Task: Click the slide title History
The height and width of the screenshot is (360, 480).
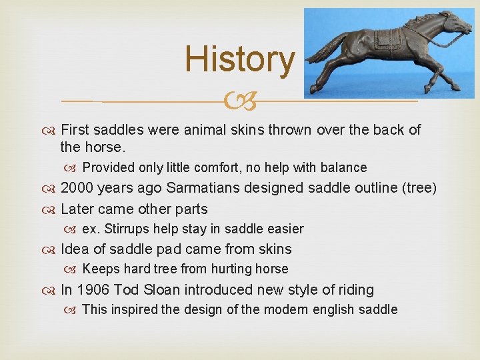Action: click(239, 59)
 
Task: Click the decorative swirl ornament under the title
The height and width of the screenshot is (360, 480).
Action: click(239, 101)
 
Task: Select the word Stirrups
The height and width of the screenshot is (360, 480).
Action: click(126, 229)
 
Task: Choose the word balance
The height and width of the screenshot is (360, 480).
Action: click(343, 167)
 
